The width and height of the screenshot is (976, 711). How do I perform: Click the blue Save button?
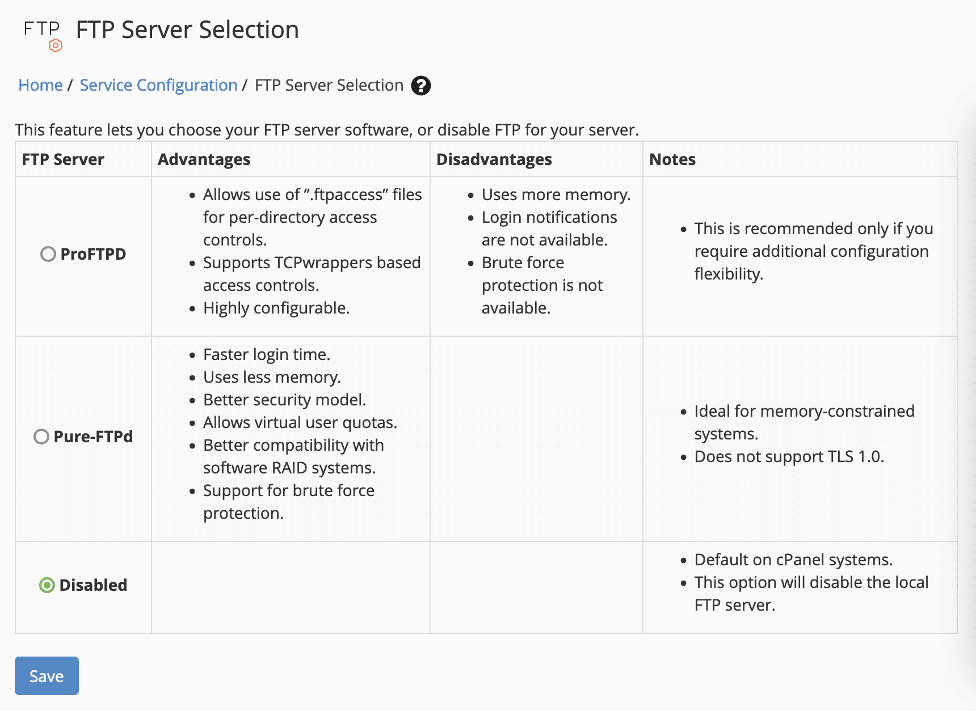47,676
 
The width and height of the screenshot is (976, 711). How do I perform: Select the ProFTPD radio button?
48,254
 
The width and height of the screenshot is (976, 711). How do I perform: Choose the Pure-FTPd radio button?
41,437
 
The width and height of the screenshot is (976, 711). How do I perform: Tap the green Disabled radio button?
47,585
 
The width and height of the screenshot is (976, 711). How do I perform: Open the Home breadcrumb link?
40,85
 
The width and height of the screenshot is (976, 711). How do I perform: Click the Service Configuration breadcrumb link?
158,85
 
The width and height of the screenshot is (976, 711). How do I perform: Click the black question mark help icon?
420,86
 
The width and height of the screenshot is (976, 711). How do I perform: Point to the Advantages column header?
204,159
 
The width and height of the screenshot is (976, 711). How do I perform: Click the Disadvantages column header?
494,159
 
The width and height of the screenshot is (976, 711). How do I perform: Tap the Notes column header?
672,159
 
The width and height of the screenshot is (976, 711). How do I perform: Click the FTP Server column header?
63,159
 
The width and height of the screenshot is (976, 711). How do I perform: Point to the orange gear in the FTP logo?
56,45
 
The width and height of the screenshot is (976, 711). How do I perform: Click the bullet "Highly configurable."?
276,308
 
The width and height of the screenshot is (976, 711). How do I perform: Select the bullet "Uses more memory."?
556,194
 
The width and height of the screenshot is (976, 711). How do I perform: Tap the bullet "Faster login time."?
266,354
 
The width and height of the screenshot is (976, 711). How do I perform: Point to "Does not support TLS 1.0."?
789,456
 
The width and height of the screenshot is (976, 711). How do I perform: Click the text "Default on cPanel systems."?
793,560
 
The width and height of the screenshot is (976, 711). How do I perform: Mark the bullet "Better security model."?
284,400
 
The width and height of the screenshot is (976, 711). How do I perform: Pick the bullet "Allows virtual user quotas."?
300,422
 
